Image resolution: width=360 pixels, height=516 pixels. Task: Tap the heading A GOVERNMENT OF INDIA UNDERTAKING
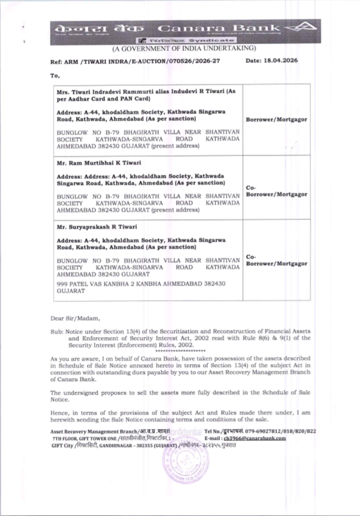(x=184, y=48)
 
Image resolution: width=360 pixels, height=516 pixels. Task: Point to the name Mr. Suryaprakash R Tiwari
(x=97, y=227)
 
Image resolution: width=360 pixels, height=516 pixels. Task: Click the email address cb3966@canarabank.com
(x=255, y=438)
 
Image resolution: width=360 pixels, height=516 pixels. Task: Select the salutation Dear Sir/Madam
(x=75, y=318)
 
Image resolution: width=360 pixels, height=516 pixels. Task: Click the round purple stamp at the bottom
(x=186, y=461)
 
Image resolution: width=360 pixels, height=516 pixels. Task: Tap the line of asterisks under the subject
(x=180, y=351)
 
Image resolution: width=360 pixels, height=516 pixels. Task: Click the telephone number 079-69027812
(x=266, y=431)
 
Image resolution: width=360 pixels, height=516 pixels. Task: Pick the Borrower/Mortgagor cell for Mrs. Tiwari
(x=276, y=120)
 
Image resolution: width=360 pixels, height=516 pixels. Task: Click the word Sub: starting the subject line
(x=57, y=331)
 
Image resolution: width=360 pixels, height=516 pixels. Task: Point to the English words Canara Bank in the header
(x=219, y=28)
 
